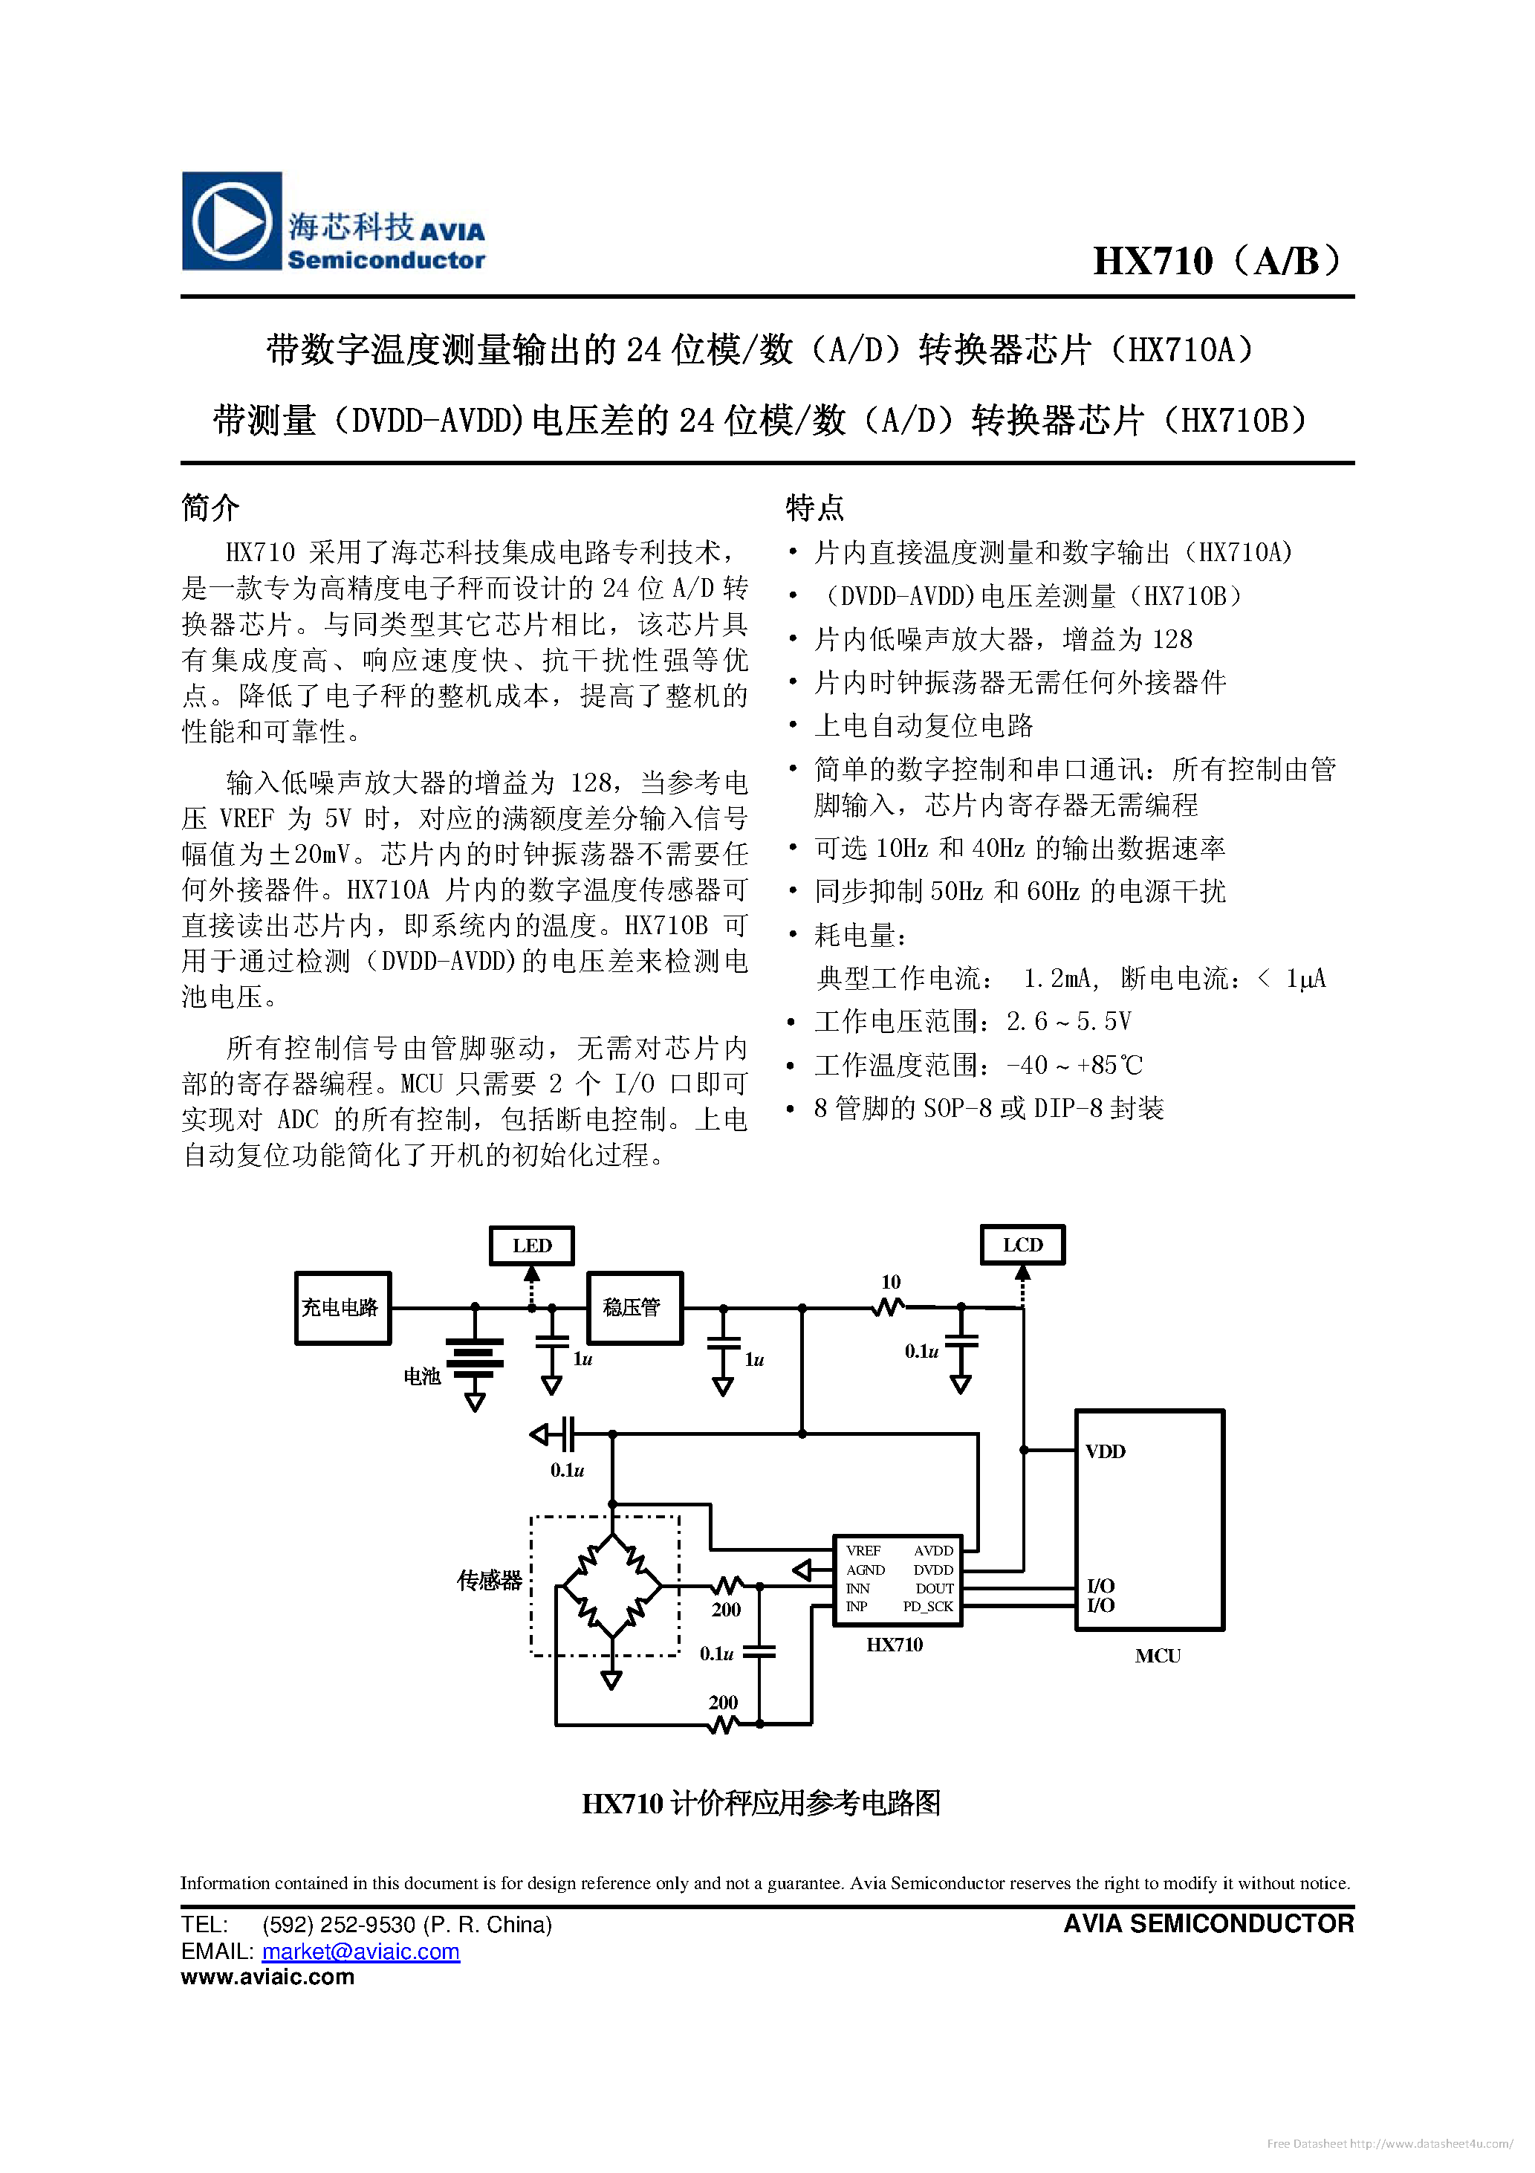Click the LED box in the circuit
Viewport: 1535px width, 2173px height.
(531, 1246)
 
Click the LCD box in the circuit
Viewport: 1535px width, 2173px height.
(1022, 1245)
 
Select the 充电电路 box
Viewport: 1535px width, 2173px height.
(343, 1308)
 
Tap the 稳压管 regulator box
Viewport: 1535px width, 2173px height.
(634, 1308)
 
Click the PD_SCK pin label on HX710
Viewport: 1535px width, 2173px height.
(927, 1606)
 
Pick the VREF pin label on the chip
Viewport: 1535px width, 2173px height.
(863, 1550)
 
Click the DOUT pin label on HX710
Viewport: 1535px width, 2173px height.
(934, 1588)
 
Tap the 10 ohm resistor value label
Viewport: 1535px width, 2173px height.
(891, 1283)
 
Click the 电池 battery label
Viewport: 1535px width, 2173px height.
(422, 1376)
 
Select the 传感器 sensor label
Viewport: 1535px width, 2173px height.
(490, 1581)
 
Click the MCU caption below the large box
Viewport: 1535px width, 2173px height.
(1158, 1655)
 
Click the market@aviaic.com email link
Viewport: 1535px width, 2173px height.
(360, 1952)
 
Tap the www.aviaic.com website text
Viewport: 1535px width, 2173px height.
(267, 1977)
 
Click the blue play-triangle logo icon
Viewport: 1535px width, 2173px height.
(231, 221)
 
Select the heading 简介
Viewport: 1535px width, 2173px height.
(210, 508)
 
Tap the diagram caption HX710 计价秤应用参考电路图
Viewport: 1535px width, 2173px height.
(761, 1804)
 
